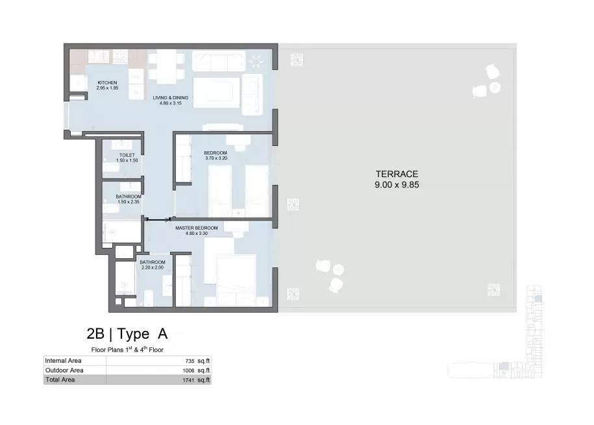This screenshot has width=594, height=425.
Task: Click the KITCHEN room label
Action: (107, 82)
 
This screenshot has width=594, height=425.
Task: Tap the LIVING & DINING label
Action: (171, 98)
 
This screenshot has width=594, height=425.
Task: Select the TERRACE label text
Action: (397, 175)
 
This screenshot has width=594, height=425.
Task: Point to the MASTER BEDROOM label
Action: (197, 228)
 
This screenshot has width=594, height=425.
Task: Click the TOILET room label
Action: (127, 155)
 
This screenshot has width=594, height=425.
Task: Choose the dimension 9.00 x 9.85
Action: (397, 185)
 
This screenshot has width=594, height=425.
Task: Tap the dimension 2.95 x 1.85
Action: (107, 88)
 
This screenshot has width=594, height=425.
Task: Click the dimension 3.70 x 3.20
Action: (216, 158)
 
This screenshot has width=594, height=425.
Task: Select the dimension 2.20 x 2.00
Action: (153, 267)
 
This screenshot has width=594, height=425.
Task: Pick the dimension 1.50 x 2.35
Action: (129, 202)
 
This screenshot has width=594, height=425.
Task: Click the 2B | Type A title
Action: (127, 334)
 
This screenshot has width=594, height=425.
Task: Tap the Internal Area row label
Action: (63, 361)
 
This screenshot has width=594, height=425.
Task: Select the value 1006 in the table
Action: (188, 370)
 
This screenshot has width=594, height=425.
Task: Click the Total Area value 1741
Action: (188, 380)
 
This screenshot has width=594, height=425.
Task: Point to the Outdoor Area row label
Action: (64, 370)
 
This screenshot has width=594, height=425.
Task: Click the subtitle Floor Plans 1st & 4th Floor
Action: (127, 350)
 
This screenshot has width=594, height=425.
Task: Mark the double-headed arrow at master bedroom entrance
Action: (158, 219)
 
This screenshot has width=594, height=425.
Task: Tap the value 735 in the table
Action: (190, 361)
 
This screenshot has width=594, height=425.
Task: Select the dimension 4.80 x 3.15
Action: (171, 103)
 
